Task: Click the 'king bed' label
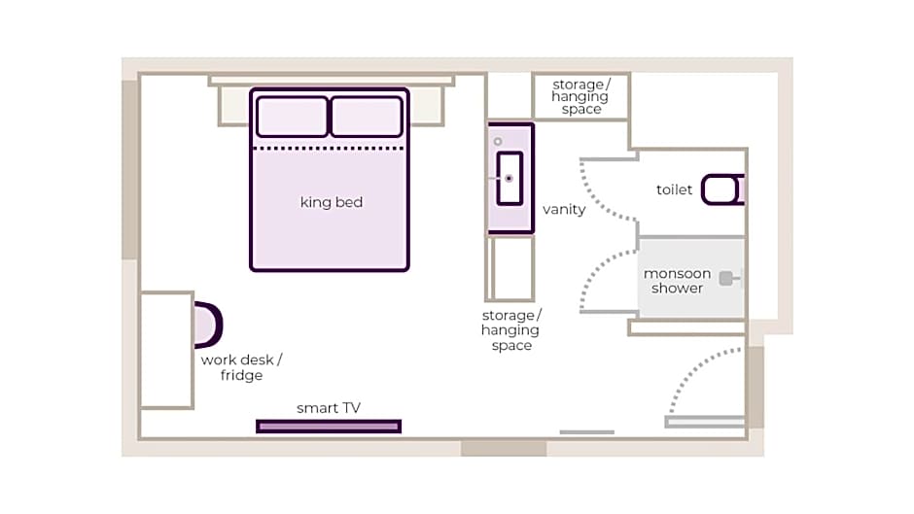point(331,202)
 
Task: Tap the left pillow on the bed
point(292,117)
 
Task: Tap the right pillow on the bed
point(367,117)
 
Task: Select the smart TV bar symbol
point(329,426)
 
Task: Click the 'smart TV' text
point(329,408)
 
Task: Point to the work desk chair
point(208,325)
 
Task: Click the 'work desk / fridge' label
point(241,367)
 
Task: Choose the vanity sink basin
point(510,179)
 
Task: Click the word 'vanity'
point(564,209)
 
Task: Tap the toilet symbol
point(722,188)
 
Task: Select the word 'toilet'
point(675,189)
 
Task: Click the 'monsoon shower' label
point(677,281)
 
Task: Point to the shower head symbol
point(726,279)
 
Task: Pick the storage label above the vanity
point(580,97)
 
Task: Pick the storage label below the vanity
point(511,330)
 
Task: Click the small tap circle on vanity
point(498,142)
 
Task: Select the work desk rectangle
point(166,350)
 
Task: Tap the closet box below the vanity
point(511,268)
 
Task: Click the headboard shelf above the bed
point(331,81)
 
